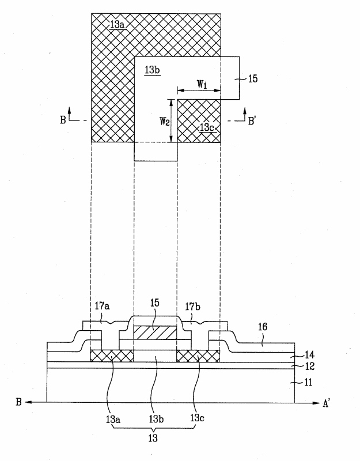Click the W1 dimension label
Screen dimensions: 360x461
point(202,84)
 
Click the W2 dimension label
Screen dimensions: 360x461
point(165,121)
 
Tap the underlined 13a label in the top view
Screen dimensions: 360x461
point(118,24)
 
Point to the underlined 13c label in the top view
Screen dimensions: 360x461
point(208,127)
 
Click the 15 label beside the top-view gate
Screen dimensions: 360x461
point(253,78)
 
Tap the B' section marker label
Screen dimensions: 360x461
point(252,121)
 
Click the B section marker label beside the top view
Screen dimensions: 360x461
point(63,120)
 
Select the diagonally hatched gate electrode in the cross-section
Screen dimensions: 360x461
point(155,332)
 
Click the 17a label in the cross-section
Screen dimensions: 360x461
point(102,306)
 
